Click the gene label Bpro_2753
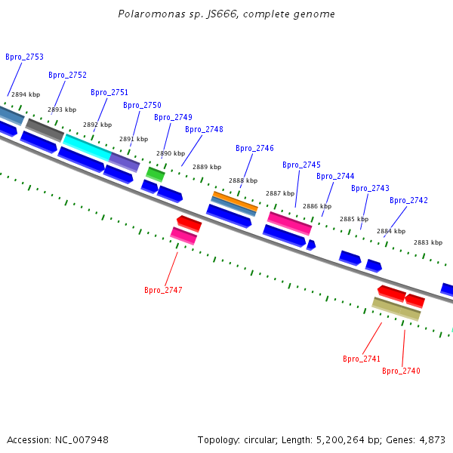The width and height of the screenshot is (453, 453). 25,57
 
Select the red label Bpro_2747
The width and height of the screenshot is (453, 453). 163,290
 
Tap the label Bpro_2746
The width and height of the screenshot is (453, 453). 254,148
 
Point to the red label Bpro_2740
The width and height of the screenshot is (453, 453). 401,371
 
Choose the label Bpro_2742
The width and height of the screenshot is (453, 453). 408,200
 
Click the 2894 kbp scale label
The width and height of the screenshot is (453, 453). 26,94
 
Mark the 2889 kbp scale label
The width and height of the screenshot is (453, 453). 207,167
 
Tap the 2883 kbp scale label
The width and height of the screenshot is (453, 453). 428,242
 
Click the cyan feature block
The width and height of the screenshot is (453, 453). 87,147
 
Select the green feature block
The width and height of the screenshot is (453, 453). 156,174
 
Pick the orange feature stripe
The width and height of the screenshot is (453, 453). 235,201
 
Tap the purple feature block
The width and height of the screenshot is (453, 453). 125,162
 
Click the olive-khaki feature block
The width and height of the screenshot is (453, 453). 396,309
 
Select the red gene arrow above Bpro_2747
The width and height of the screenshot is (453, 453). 190,223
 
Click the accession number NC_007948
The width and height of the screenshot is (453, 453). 82,440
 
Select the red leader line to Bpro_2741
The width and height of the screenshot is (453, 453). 372,338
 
